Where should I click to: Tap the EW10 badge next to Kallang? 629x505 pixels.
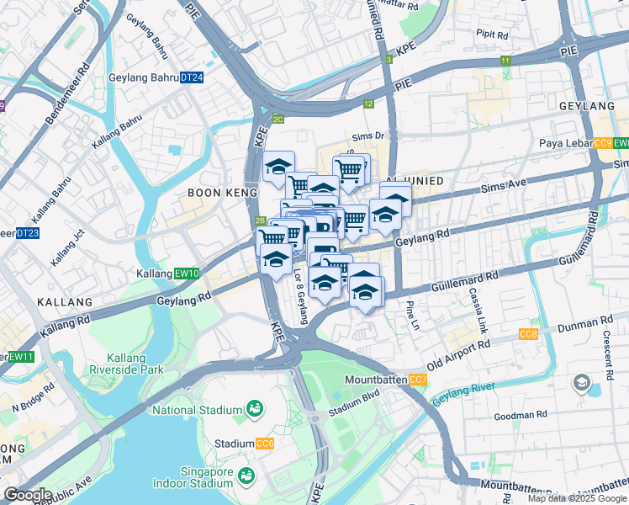tap(188, 274)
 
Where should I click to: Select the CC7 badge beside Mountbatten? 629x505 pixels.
tap(418, 380)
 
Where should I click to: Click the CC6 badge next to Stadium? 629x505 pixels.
tap(265, 444)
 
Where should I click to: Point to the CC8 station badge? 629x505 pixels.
tap(528, 335)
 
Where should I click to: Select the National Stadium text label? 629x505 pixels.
tap(197, 410)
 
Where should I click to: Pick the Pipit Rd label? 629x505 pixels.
tap(493, 35)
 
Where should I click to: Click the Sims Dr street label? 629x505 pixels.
tap(367, 135)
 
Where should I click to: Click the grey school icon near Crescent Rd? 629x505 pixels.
tap(581, 384)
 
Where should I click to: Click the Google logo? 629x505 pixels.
tap(28, 495)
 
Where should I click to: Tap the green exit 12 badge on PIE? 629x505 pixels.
tap(368, 104)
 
